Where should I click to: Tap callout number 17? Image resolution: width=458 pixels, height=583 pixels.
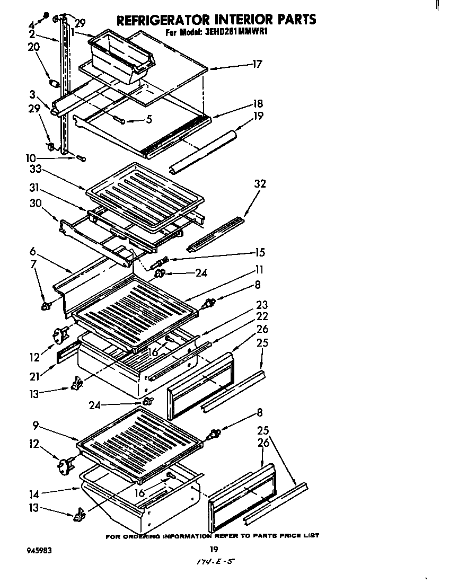pos(257,65)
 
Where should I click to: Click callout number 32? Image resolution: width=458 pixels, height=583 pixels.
pos(260,184)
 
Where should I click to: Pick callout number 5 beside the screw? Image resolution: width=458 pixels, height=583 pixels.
pos(149,120)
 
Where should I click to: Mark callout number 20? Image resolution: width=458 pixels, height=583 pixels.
pos(33,47)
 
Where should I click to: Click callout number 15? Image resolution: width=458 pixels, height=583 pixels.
pos(259,252)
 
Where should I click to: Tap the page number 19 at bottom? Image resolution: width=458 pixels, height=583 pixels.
pos(214,549)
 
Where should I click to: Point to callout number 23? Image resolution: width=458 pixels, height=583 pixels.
pos(261,305)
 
